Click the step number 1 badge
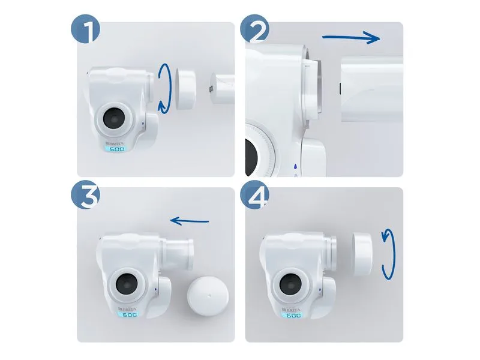click(86, 29)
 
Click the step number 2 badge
click(254, 29)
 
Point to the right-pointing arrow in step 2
click(351, 38)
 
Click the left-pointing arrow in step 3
click(190, 220)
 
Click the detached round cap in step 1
click(185, 89)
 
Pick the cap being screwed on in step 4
click(362, 253)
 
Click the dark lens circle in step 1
click(113, 118)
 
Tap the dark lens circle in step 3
click(127, 283)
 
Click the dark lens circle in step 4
click(290, 284)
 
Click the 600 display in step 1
click(116, 149)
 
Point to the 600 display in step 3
click(129, 314)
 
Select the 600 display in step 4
click(293, 315)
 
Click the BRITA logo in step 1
click(115, 143)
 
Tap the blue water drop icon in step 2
click(295, 167)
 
